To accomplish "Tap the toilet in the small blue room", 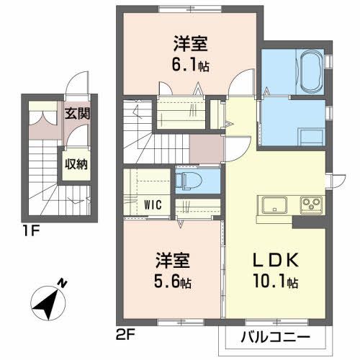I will point(189,179).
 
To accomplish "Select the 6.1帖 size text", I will point(191,66).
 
